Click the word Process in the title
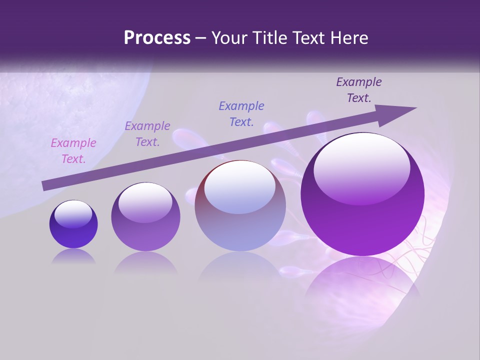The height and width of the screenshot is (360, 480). tap(157, 38)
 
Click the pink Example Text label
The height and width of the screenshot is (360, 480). tap(73, 151)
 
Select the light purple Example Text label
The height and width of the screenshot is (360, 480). tap(147, 134)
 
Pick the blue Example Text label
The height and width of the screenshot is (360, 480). tap(241, 113)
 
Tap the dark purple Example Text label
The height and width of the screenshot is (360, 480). tap(359, 90)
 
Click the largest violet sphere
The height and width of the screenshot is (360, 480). tap(362, 220)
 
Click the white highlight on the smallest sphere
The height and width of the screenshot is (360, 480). tap(73, 213)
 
